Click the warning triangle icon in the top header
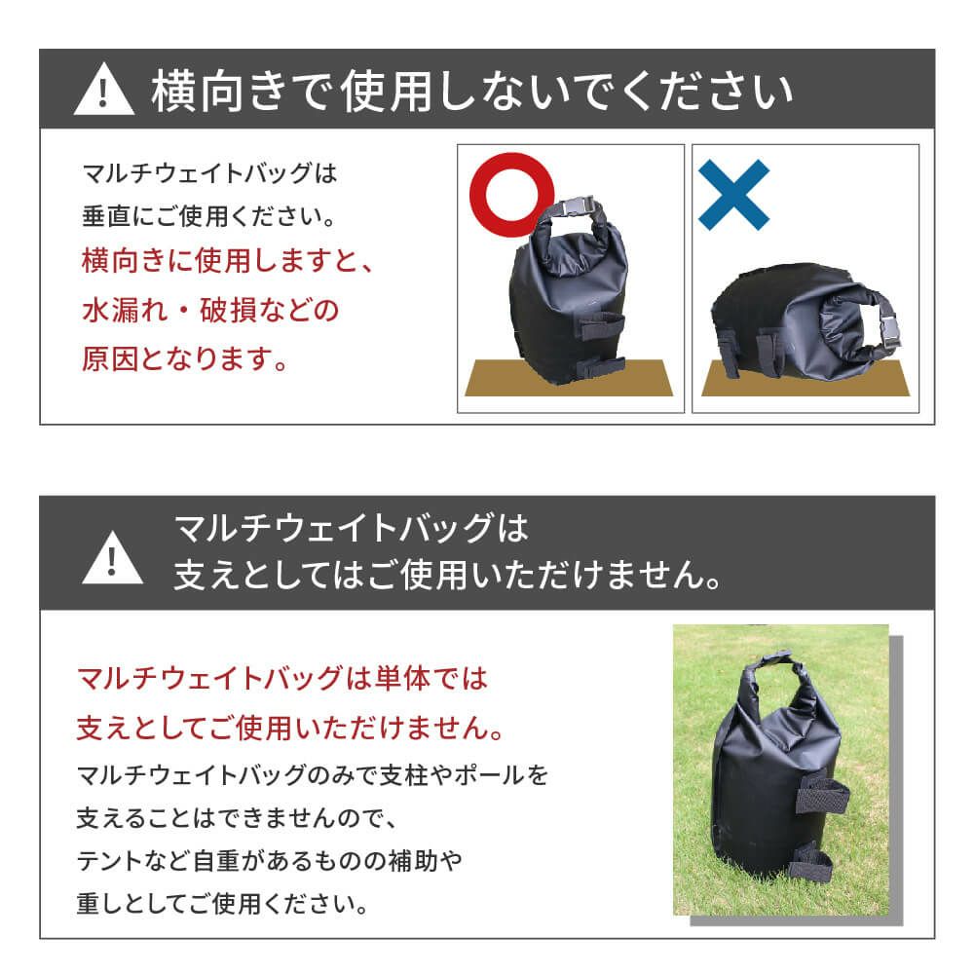[103, 92]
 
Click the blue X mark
[733, 194]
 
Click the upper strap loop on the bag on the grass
[822, 794]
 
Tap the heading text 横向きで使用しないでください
[471, 92]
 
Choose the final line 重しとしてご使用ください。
[222, 905]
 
